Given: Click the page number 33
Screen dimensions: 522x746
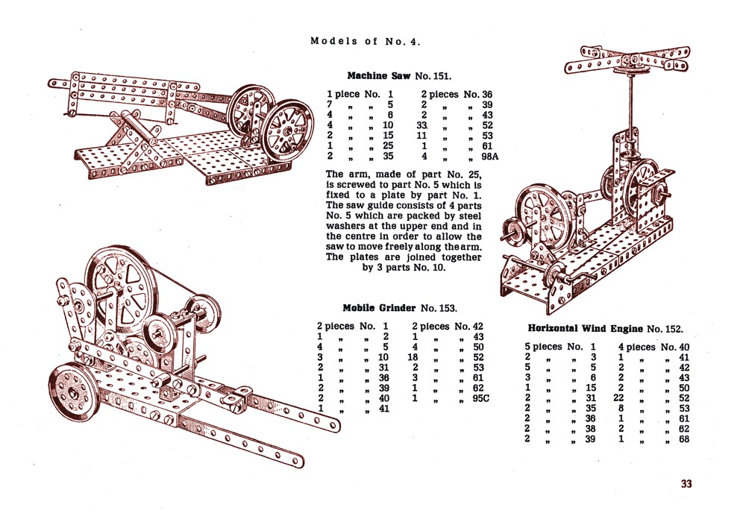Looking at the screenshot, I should coord(686,483).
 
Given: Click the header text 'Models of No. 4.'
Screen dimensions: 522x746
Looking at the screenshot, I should coord(366,41).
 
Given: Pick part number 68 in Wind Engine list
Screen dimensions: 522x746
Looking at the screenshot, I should coord(683,439).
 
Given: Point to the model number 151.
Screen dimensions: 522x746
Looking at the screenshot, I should coord(441,76).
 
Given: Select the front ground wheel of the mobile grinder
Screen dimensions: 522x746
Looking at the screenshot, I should coord(73,391).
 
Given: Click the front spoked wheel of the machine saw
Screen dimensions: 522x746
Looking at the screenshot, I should coord(287,133).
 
